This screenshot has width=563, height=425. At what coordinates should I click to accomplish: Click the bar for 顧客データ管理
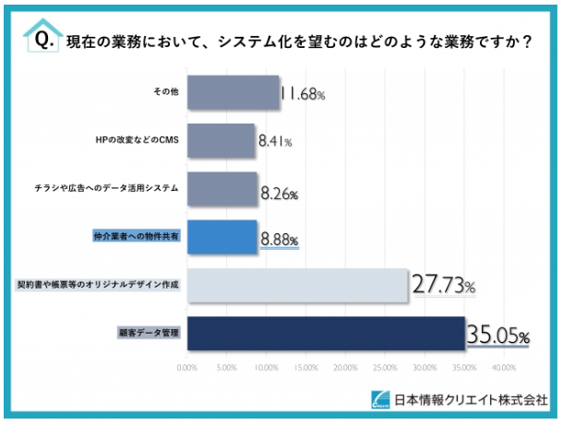(326, 334)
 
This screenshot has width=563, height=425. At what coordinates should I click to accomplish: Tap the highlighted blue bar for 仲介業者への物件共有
(222, 237)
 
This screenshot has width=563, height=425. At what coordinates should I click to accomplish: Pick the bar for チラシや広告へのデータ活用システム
(222, 190)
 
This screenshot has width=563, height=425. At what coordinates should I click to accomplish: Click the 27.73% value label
(443, 288)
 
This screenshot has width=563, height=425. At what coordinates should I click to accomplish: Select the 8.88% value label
(280, 241)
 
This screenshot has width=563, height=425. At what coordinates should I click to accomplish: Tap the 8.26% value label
(281, 194)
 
